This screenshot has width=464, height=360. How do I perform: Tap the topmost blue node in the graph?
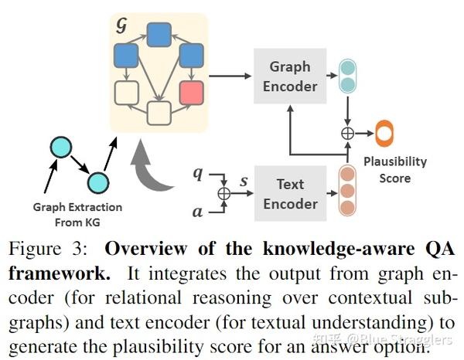pyautogui.click(x=159, y=32)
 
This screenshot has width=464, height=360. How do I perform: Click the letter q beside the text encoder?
pyautogui.click(x=198, y=174)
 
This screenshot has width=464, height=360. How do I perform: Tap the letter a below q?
pyautogui.click(x=198, y=209)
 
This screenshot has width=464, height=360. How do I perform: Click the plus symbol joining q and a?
pyautogui.click(x=224, y=192)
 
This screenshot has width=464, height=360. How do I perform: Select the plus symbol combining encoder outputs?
pyautogui.click(x=348, y=134)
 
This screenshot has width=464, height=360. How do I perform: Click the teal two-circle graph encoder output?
pyautogui.click(x=349, y=76)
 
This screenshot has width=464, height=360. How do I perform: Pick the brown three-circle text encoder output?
pyautogui.click(x=349, y=192)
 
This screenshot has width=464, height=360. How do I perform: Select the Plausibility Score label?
pyautogui.click(x=407, y=169)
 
